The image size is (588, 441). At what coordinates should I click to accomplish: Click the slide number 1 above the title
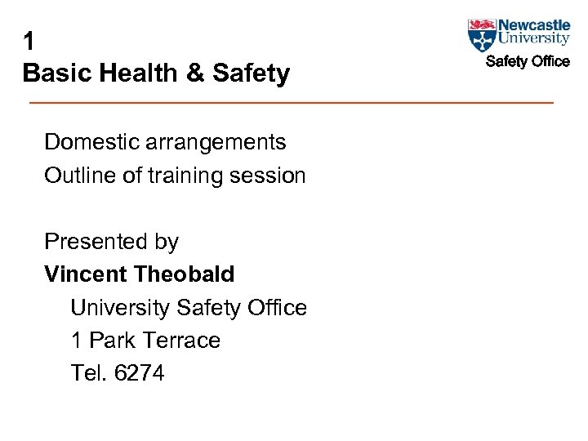29,41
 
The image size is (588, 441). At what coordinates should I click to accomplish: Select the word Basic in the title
55,73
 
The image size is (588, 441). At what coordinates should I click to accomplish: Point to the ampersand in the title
196,73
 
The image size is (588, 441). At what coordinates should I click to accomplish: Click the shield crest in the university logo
482,35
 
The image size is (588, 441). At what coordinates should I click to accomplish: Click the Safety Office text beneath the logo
528,61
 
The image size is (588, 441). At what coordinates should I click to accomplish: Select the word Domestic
90,142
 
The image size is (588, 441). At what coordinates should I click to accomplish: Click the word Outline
79,176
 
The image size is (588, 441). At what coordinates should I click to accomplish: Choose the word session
269,176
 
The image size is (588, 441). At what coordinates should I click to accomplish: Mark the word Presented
92,242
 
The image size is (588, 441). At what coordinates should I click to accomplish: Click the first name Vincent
86,274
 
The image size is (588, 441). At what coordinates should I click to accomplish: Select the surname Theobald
184,274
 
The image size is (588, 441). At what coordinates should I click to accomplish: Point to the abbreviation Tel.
89,373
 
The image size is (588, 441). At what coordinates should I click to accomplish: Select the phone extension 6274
140,373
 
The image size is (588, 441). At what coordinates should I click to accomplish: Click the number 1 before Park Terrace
76,341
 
